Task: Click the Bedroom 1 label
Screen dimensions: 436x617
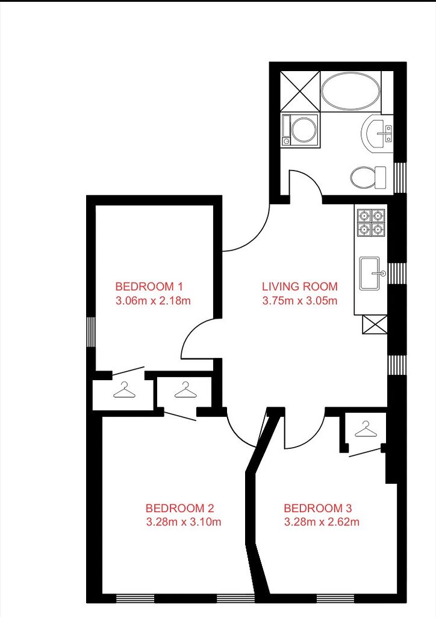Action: pos(149,286)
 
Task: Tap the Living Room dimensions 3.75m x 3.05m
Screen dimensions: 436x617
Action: pos(300,301)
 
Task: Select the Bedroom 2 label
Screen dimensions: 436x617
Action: pos(179,508)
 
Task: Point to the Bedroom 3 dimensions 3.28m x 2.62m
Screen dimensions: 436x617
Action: pos(322,522)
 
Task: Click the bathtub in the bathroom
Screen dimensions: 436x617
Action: pos(350,92)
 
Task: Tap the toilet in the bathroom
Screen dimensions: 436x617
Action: pos(369,178)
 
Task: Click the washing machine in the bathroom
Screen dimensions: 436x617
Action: pos(301,130)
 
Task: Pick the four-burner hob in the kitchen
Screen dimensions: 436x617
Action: pos(371,222)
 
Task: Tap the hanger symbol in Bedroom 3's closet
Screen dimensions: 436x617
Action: pos(365,429)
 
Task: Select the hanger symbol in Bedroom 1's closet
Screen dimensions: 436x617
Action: pos(124,390)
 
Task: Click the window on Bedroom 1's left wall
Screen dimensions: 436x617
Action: pos(91,332)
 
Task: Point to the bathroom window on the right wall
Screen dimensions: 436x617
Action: pos(400,178)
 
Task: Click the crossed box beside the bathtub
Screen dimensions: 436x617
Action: pos(301,92)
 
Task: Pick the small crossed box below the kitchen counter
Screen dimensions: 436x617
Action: pos(375,325)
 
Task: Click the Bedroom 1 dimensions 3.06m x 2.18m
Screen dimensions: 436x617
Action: pos(153,301)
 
